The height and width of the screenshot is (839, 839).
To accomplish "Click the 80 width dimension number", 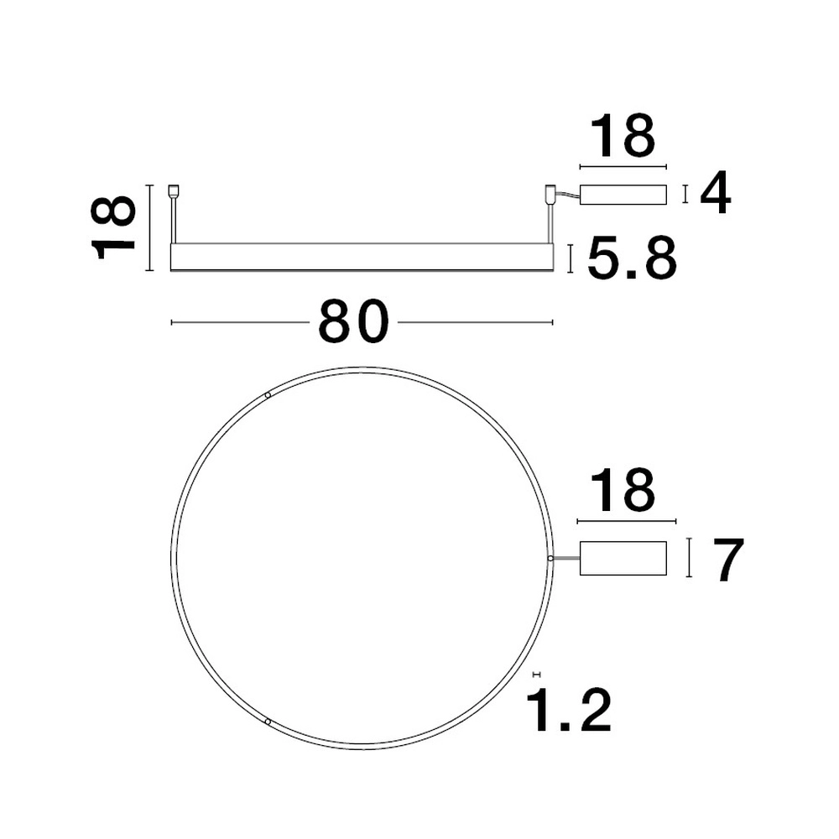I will click(353, 322).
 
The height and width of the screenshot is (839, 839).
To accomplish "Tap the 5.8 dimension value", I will click(632, 259).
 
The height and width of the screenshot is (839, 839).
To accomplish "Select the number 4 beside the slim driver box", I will click(715, 195).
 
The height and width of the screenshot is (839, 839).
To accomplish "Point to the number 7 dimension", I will click(726, 561).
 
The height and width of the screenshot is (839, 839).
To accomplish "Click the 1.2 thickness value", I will click(567, 711).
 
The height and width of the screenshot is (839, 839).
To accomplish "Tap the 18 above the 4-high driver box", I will click(623, 138).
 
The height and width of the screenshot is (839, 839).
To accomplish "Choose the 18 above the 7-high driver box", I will click(623, 492).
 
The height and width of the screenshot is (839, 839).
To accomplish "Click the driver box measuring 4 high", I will click(624, 195).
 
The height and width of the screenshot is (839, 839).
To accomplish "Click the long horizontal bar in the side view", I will click(362, 258).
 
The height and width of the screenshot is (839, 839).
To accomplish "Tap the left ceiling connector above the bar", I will click(174, 191).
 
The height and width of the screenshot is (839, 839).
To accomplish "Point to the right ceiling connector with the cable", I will click(551, 193).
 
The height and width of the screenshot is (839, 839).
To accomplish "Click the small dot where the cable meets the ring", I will click(550, 557).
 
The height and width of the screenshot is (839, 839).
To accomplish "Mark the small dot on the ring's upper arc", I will click(268, 395).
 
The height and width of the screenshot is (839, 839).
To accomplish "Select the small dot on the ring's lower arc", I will click(268, 721).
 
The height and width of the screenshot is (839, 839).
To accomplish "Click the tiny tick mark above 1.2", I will click(537, 674).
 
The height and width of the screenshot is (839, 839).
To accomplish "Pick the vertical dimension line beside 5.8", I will click(571, 258).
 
